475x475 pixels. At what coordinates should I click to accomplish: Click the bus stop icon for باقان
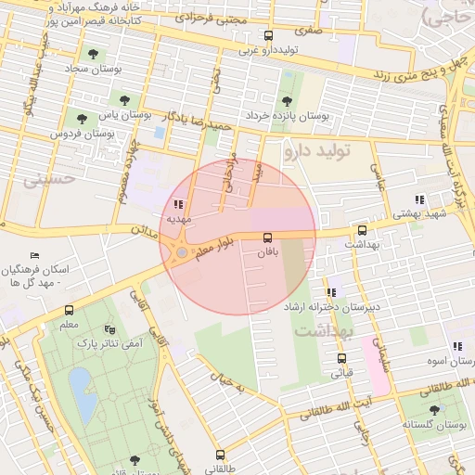pos(268,238)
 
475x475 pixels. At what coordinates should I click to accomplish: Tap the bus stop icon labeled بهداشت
pos(362,231)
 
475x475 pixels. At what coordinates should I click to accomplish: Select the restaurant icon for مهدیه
pos(178,204)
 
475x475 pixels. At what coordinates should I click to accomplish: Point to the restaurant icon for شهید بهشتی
pos(419,199)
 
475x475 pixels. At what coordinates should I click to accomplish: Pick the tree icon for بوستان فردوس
pos(82,119)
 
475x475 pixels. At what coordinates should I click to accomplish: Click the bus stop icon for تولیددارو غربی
pos(269,36)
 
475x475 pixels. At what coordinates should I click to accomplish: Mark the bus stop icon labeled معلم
pos(69,311)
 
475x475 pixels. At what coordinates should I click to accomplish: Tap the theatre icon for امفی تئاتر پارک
pos(110,329)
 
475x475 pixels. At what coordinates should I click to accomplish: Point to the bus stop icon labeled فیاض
pos(341,359)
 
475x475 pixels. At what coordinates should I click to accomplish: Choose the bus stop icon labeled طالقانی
pos(220,455)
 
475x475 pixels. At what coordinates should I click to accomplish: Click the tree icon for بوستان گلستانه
pos(434,409)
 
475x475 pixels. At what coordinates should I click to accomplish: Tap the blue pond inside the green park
pos(82,392)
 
